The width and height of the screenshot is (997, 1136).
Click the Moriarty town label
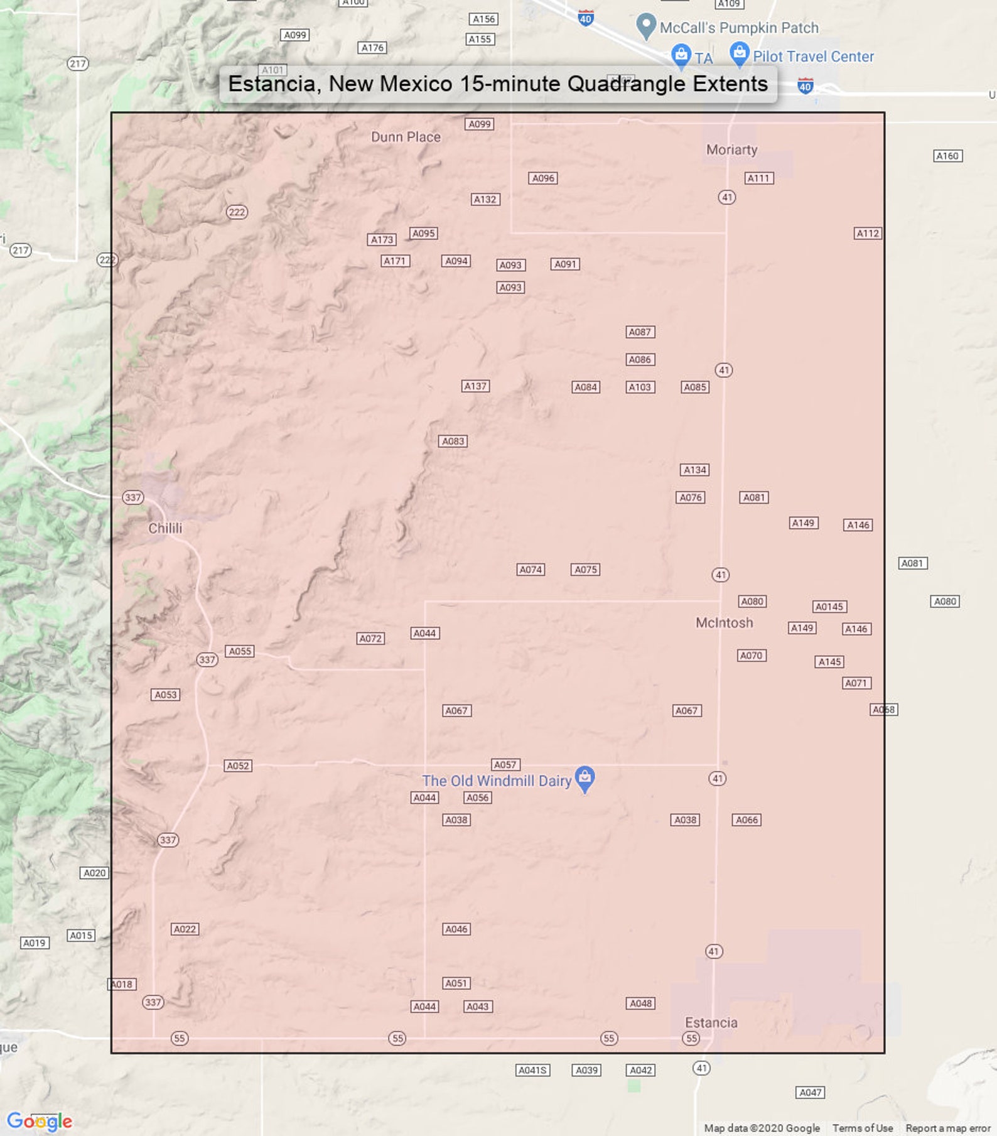click(x=731, y=149)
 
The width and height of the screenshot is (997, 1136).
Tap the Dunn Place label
click(x=406, y=137)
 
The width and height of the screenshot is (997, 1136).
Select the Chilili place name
click(x=165, y=528)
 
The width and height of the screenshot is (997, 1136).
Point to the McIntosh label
click(x=724, y=622)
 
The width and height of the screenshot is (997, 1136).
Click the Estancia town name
click(x=711, y=1022)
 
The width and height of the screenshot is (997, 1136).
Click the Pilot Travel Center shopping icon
click(x=740, y=54)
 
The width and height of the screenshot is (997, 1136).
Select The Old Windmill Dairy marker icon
click(x=585, y=778)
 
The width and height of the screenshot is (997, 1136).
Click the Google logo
click(x=40, y=1120)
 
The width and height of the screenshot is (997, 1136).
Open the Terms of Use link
click(x=862, y=1128)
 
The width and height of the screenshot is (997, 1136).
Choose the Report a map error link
click(x=947, y=1128)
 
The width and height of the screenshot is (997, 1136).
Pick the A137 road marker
click(x=475, y=386)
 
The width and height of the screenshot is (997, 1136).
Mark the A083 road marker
click(x=453, y=441)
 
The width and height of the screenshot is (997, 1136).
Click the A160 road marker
click(x=947, y=156)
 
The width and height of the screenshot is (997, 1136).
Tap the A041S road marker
click(x=532, y=1070)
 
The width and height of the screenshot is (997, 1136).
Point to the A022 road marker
click(x=185, y=929)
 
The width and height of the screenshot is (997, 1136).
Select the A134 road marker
click(x=694, y=470)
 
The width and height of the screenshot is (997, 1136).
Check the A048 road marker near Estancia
click(x=640, y=1003)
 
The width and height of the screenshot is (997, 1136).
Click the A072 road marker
click(x=370, y=639)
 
